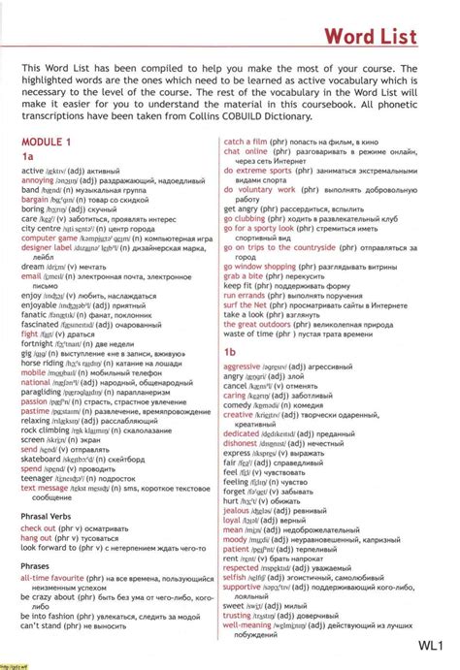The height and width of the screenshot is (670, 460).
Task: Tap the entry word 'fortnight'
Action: [38, 342]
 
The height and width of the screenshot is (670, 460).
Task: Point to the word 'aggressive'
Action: [248, 367]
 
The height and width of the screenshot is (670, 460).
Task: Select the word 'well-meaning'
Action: [250, 624]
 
